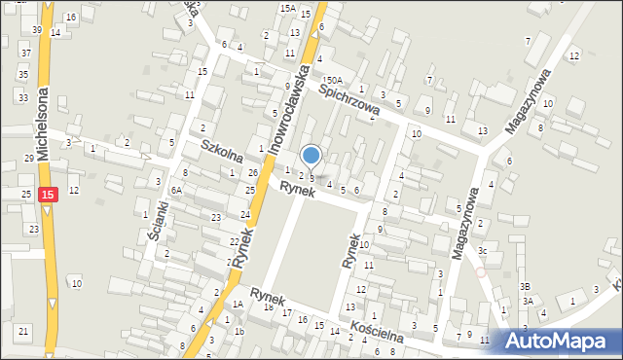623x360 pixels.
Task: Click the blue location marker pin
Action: [311, 155]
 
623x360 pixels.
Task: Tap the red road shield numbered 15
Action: [49, 195]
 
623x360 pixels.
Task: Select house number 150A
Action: [333, 80]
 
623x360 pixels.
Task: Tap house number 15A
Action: [287, 8]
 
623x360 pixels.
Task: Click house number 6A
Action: [176, 191]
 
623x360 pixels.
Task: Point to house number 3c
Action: [482, 250]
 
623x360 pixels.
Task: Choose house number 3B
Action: [525, 286]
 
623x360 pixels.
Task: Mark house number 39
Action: [36, 30]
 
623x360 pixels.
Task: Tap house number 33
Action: [22, 97]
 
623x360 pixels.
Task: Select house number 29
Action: [29, 158]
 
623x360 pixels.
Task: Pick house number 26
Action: [252, 173]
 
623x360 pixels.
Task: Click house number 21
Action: [22, 332]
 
